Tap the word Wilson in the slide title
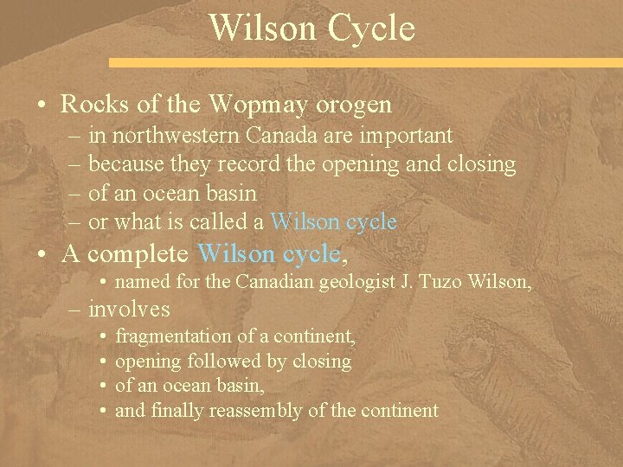click(x=257, y=28)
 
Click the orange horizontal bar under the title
click(x=363, y=63)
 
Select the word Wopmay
click(x=257, y=106)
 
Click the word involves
click(x=130, y=309)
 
